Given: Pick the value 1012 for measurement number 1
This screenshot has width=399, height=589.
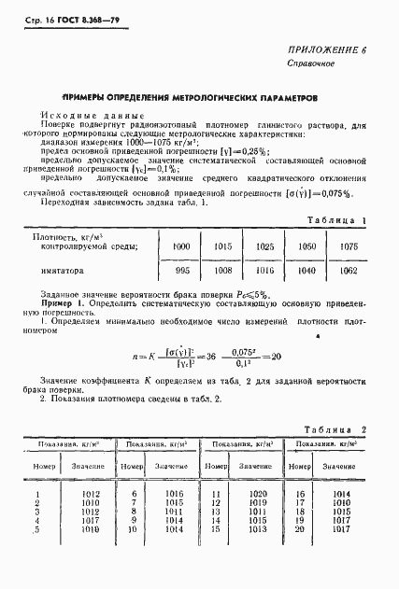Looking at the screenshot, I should [91, 493].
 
